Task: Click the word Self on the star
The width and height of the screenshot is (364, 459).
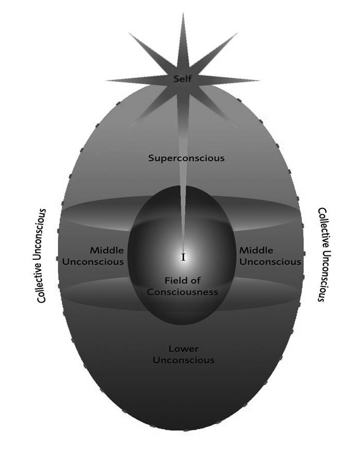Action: pyautogui.click(x=183, y=79)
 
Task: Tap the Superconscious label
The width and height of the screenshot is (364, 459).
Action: pyautogui.click(x=187, y=158)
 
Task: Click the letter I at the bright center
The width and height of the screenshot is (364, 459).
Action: pyautogui.click(x=184, y=257)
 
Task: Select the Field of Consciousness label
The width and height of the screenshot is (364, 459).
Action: pyautogui.click(x=183, y=286)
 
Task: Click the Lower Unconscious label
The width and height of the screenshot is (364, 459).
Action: pyautogui.click(x=184, y=354)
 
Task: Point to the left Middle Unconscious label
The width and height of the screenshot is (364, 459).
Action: pyautogui.click(x=93, y=256)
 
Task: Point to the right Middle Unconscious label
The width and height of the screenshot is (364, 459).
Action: pyautogui.click(x=270, y=256)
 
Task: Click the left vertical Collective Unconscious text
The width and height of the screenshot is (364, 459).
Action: pyautogui.click(x=41, y=255)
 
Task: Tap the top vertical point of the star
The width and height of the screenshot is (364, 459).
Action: pyautogui.click(x=183, y=14)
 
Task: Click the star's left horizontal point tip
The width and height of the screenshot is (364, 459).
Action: pyautogui.click(x=106, y=80)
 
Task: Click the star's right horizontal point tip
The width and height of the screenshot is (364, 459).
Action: pyautogui.click(x=259, y=80)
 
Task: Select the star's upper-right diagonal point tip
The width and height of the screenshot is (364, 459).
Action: pyautogui.click(x=237, y=33)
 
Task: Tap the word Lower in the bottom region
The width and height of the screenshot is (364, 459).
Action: pyautogui.click(x=184, y=348)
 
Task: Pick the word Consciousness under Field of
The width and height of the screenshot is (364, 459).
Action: pyautogui.click(x=183, y=292)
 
